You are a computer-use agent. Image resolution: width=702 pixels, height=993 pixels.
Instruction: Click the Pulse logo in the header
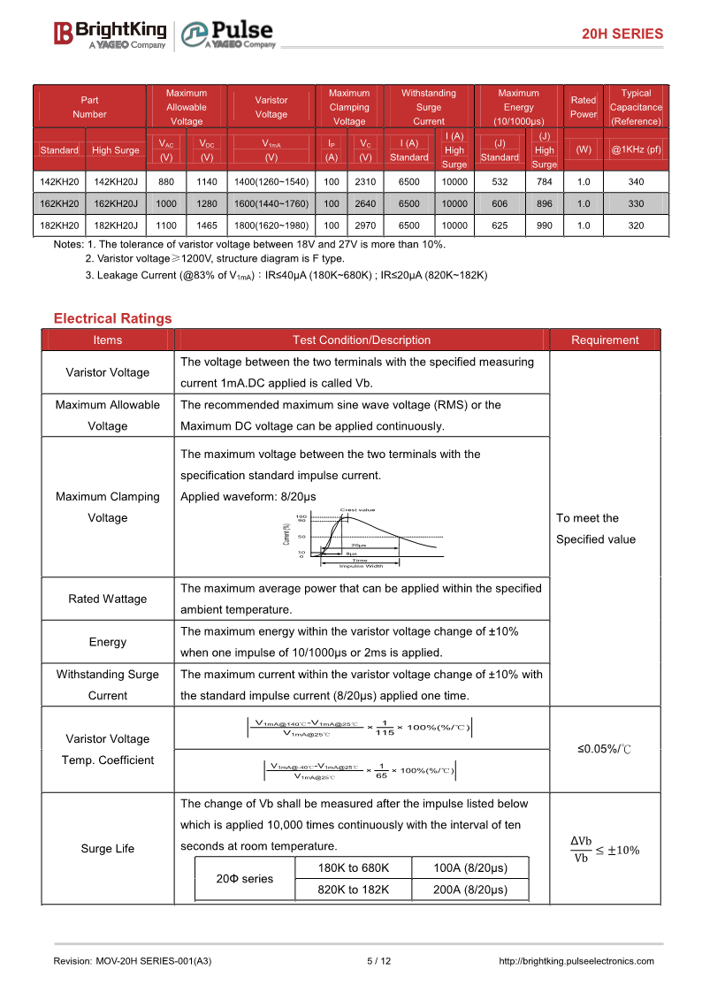[x=229, y=34]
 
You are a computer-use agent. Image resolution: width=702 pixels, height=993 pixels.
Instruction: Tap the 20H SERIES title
[x=622, y=34]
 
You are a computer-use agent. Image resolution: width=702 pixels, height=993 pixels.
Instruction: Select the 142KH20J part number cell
[x=116, y=182]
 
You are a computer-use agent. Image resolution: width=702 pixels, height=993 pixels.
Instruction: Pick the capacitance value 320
[x=636, y=225]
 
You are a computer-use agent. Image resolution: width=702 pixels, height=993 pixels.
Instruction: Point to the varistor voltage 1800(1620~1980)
[x=271, y=225]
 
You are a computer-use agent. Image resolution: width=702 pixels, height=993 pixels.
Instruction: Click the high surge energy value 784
[x=545, y=182]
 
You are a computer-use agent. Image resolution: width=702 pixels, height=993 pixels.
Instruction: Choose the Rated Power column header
[x=584, y=107]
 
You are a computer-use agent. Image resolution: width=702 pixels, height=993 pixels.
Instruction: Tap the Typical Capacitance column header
[x=636, y=107]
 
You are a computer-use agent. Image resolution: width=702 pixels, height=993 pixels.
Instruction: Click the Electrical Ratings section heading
[x=112, y=318]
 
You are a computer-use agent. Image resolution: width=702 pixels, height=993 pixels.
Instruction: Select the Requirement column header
[x=605, y=340]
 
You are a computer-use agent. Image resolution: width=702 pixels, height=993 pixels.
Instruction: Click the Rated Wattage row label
[x=108, y=600]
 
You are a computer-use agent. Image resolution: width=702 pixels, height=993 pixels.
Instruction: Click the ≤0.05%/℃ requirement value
[x=605, y=749]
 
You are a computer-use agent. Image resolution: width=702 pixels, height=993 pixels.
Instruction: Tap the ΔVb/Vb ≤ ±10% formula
[x=605, y=849]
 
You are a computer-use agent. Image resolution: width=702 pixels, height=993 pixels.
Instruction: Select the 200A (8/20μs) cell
[x=470, y=890]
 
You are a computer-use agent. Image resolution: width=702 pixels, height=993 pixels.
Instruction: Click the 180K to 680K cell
[x=353, y=868]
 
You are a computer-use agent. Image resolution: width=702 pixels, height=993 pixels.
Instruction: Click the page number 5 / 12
[x=378, y=961]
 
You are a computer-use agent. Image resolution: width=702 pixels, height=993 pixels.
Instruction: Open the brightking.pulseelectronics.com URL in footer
[x=576, y=961]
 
